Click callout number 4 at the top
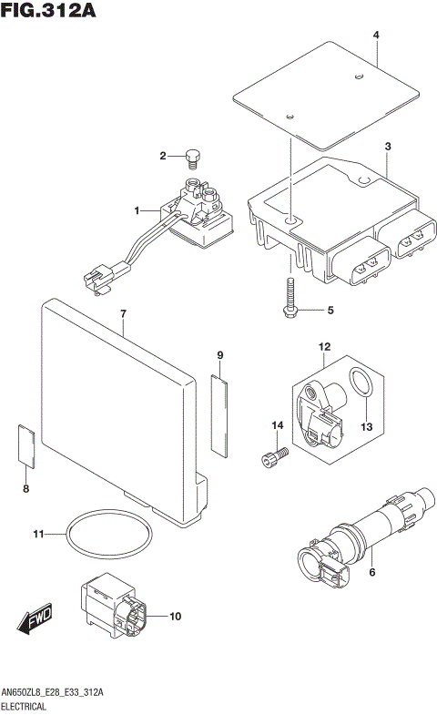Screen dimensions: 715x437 [375, 36]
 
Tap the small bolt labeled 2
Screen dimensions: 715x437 [192, 159]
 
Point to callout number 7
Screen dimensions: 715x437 [123, 314]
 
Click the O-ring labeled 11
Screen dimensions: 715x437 [112, 534]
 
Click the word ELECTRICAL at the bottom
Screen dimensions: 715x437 [28, 706]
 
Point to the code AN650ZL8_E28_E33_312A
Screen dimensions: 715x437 [54, 693]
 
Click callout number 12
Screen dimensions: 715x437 [324, 346]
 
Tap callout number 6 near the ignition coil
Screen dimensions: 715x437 [371, 571]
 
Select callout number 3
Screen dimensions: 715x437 [387, 147]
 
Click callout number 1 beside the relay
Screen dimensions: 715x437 [138, 210]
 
